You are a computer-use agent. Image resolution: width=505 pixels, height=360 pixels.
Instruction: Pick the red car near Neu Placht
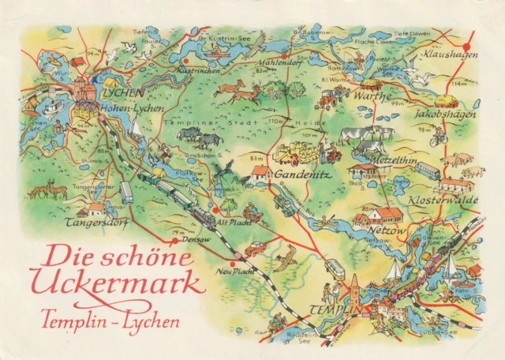tap(255, 249)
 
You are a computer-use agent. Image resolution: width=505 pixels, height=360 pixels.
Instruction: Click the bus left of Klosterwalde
tap(428, 170)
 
